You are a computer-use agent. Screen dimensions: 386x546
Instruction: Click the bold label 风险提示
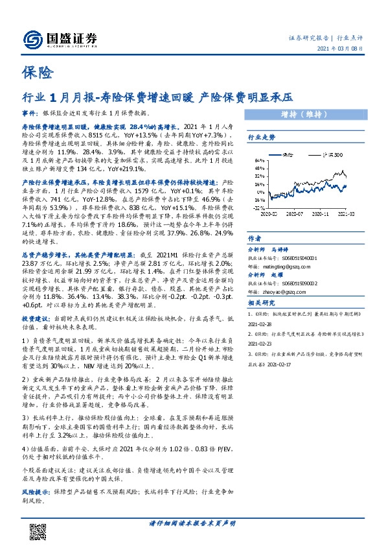[35, 492]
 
